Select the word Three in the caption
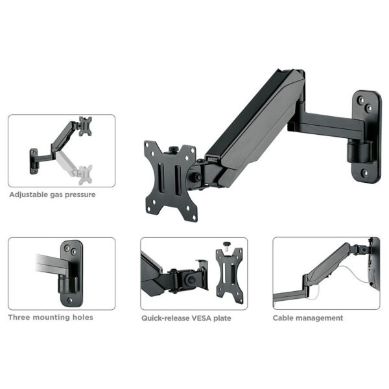[x=19, y=317]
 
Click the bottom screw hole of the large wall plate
[x=364, y=172]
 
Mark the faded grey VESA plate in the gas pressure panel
[x=85, y=175]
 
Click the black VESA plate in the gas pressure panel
[x=86, y=126]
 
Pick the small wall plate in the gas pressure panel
[x=34, y=161]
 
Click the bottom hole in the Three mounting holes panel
[x=70, y=300]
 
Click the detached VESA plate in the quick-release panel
[x=230, y=276]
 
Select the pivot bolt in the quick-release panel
[x=191, y=280]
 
